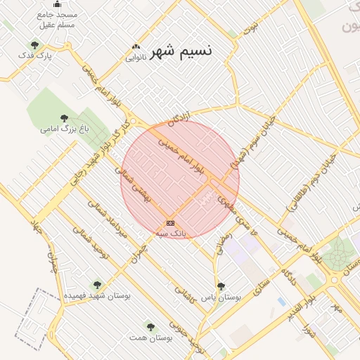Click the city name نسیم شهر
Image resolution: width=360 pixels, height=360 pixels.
click(x=181, y=51)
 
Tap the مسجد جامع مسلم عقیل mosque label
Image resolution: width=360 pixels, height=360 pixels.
click(x=58, y=20)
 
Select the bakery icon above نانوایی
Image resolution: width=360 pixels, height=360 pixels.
click(x=136, y=47)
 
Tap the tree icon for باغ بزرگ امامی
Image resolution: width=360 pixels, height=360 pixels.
click(x=65, y=118)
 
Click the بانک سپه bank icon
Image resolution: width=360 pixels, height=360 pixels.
click(x=170, y=222)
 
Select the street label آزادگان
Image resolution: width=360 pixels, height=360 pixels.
click(x=180, y=112)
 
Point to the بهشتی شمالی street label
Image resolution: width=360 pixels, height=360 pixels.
click(x=138, y=188)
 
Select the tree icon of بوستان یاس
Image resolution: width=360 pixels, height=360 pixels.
click(x=221, y=286)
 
